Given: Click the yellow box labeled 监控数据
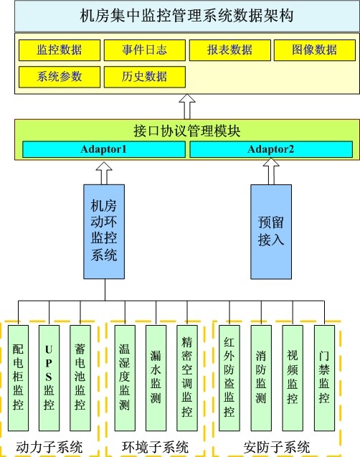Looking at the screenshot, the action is click(60, 50).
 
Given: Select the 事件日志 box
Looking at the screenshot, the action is click(144, 50).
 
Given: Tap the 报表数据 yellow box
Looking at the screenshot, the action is click(229, 50).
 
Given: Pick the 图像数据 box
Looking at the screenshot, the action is click(315, 50).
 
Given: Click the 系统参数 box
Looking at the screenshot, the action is click(60, 77).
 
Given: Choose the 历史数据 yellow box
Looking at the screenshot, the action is click(144, 77).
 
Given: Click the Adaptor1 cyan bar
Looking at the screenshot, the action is click(104, 149).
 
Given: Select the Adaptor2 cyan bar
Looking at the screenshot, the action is click(271, 149).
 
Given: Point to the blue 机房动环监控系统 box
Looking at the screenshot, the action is click(104, 232).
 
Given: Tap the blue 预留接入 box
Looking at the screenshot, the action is click(271, 232).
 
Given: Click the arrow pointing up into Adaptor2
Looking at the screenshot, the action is click(271, 171).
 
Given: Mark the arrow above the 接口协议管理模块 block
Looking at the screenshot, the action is click(187, 107).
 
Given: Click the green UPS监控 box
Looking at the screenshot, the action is click(49, 377).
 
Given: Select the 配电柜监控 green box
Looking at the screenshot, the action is click(18, 377).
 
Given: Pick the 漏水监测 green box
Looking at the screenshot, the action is click(156, 377).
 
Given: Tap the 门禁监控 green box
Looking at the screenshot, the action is click(324, 377).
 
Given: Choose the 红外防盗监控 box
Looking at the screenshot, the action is click(229, 377).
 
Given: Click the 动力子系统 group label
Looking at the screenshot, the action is click(49, 447).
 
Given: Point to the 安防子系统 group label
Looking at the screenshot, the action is click(277, 447).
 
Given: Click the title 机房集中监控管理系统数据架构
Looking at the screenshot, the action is click(186, 16).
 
